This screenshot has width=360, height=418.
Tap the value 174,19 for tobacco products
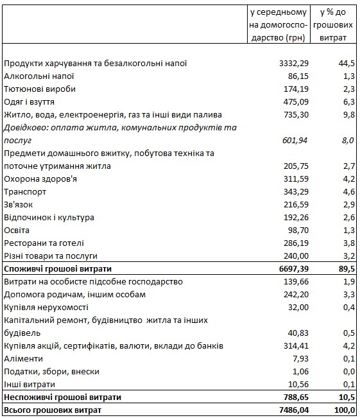point(288,89)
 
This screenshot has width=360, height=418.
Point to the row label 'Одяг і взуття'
point(31,101)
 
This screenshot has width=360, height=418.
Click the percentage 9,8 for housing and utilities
point(348,114)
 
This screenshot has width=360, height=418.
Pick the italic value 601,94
point(288,141)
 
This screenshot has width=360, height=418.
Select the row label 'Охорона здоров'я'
point(40,179)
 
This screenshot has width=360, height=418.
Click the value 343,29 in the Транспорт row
point(288,191)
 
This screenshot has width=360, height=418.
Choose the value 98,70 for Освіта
point(291,230)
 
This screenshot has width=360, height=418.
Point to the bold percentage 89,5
point(345,268)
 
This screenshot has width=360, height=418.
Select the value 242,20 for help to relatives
point(288,294)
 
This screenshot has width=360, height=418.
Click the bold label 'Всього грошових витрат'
point(53,410)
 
